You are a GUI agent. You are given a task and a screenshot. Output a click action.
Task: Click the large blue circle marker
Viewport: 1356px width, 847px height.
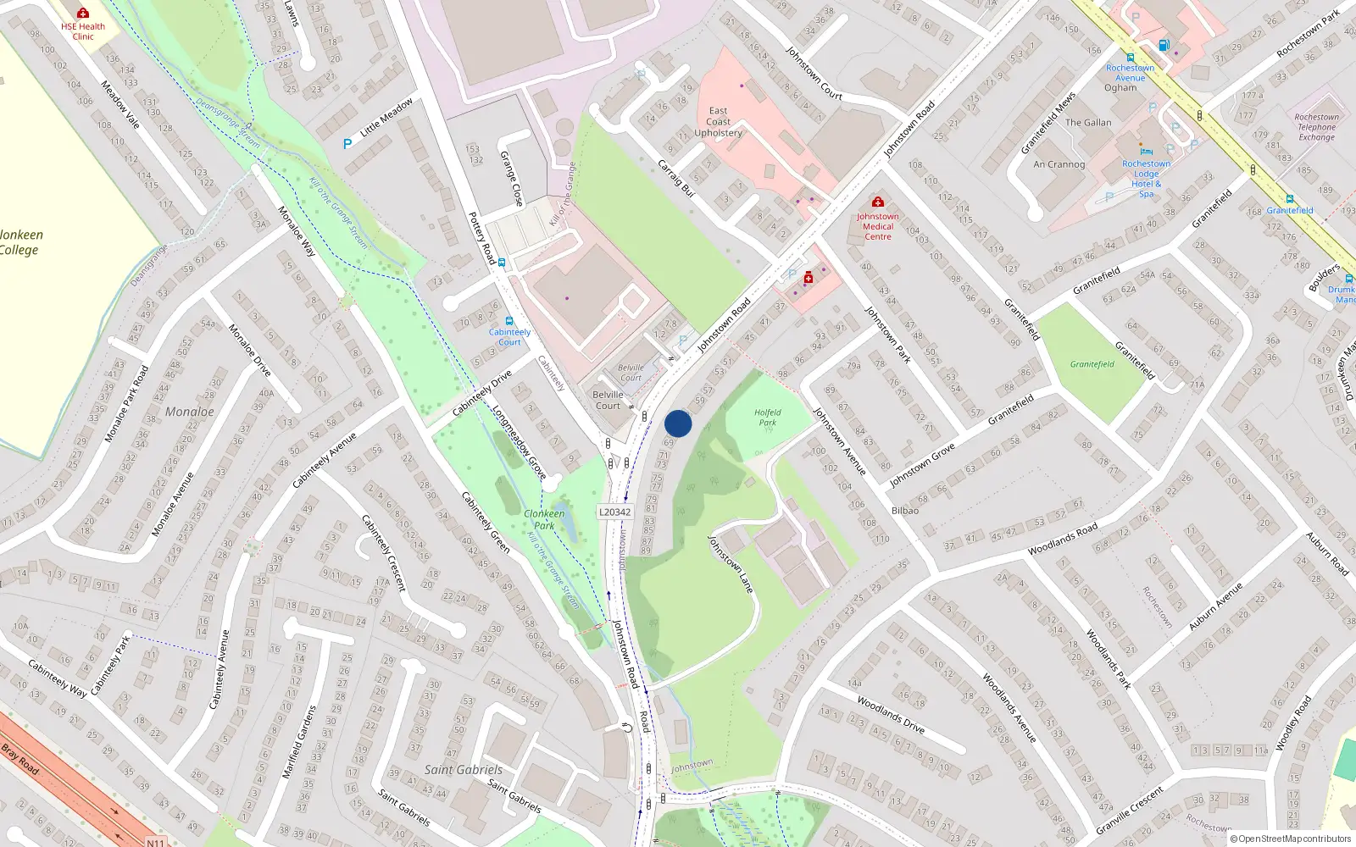pos(678,423)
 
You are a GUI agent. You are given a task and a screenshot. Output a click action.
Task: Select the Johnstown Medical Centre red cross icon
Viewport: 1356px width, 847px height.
pos(878,202)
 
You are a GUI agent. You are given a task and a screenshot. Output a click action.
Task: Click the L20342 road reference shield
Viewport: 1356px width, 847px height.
pos(614,512)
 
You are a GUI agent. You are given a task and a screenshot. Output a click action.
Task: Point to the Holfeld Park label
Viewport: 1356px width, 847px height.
pos(768,417)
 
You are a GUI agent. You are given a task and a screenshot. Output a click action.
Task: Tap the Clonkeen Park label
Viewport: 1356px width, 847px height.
pos(544,519)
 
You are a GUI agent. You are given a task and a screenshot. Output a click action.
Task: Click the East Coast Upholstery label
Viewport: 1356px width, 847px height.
pos(718,122)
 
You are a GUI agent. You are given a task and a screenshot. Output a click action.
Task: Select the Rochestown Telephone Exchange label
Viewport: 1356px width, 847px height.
pos(1317,127)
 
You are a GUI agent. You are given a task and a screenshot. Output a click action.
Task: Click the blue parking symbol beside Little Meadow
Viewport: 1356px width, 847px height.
pos(347,144)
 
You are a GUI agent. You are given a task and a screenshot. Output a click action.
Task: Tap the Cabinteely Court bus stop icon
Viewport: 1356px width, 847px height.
pos(509,321)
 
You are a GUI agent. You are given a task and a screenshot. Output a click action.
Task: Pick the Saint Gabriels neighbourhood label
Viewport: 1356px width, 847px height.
pos(463,770)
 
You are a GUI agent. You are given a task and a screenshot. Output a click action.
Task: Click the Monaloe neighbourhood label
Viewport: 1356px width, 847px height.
pos(190,412)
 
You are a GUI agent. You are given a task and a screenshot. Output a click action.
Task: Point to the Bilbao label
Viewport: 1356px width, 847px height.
pos(905,511)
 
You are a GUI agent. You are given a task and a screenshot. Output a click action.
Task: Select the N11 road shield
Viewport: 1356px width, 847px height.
pos(155,842)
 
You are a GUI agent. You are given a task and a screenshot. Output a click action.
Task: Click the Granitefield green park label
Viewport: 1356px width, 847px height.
pos(1092,364)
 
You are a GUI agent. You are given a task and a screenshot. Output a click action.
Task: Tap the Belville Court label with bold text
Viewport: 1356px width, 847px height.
pos(608,400)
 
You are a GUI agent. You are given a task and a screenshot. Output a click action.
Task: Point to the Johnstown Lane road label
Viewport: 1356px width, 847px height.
pos(731,564)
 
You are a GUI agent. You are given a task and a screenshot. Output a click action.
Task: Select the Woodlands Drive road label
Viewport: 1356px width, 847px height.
pos(890,714)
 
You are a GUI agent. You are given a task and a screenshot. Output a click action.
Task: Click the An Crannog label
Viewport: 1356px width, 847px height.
pos(1059,164)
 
